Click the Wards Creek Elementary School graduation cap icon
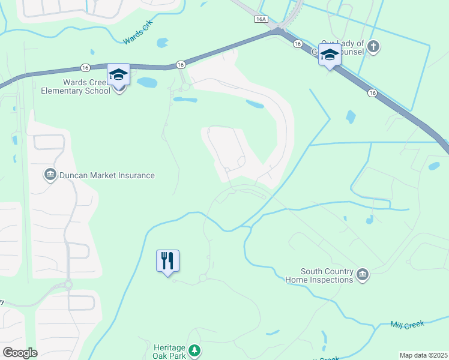(x=118, y=75)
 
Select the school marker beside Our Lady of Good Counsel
(x=330, y=55)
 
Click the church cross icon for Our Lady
(x=373, y=46)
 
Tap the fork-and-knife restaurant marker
(x=168, y=260)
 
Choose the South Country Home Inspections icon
(x=363, y=275)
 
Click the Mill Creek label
(x=407, y=325)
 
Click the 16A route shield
(x=261, y=19)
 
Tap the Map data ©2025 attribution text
(x=423, y=355)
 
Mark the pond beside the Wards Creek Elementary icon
(x=146, y=82)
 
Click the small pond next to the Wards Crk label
(x=161, y=43)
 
